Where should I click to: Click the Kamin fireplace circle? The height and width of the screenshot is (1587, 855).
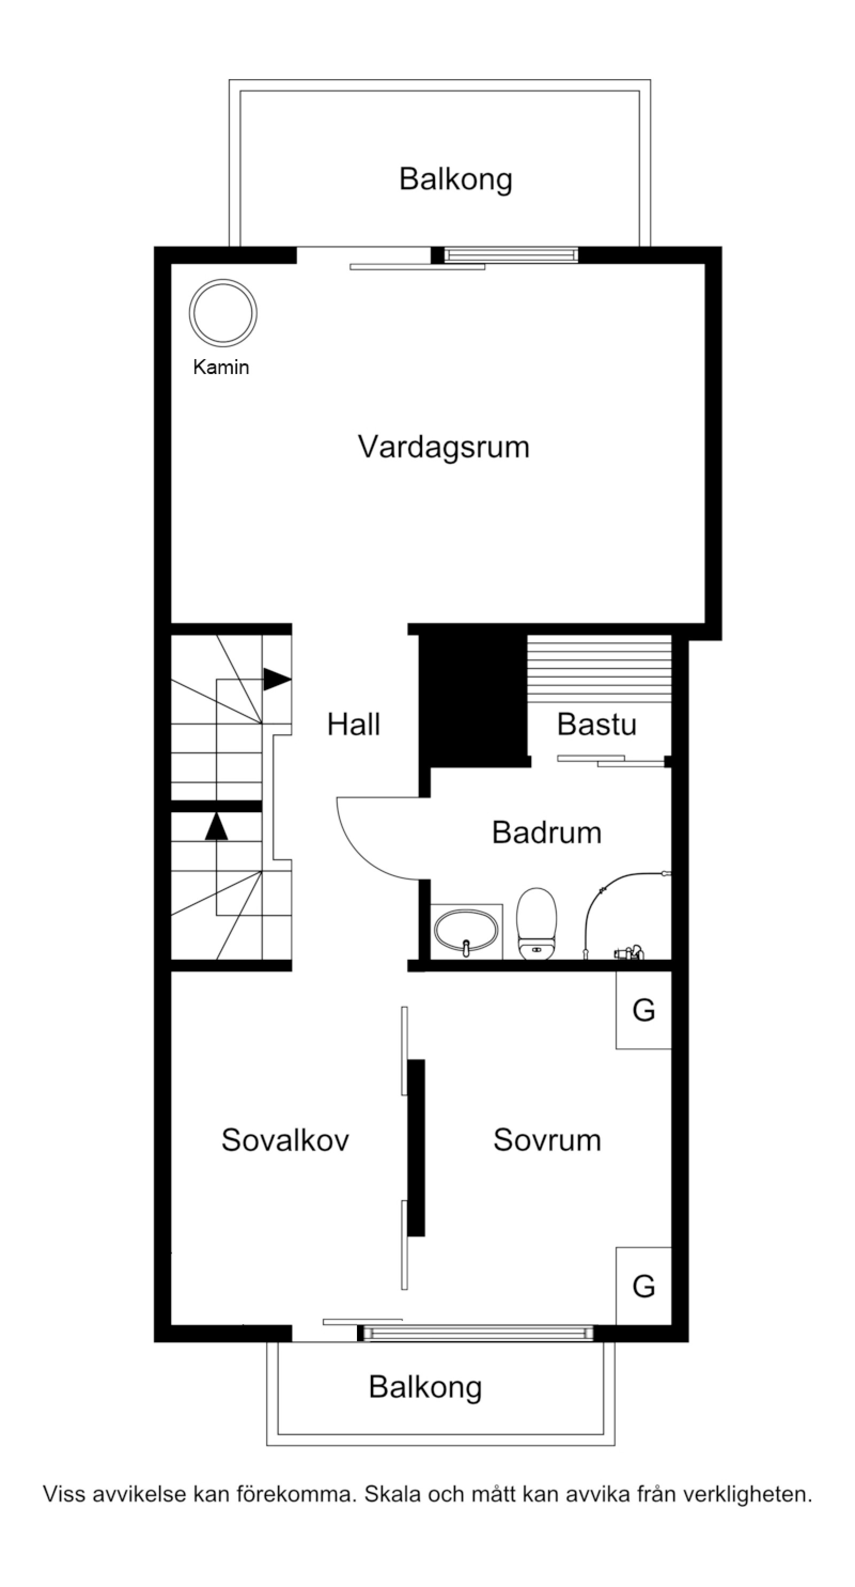[222, 313]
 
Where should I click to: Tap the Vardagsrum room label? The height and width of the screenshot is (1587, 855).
[444, 447]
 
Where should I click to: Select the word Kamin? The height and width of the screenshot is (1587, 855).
[221, 368]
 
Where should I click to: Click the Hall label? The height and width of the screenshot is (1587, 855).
[354, 725]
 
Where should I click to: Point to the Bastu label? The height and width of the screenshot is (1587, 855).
[596, 725]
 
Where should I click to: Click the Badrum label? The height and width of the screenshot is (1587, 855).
[546, 833]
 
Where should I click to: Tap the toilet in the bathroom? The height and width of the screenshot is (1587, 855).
[536, 922]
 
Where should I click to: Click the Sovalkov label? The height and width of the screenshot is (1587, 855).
[285, 1140]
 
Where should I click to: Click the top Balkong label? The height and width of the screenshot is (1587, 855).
[456, 180]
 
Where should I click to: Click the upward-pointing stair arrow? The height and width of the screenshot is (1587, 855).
[216, 826]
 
